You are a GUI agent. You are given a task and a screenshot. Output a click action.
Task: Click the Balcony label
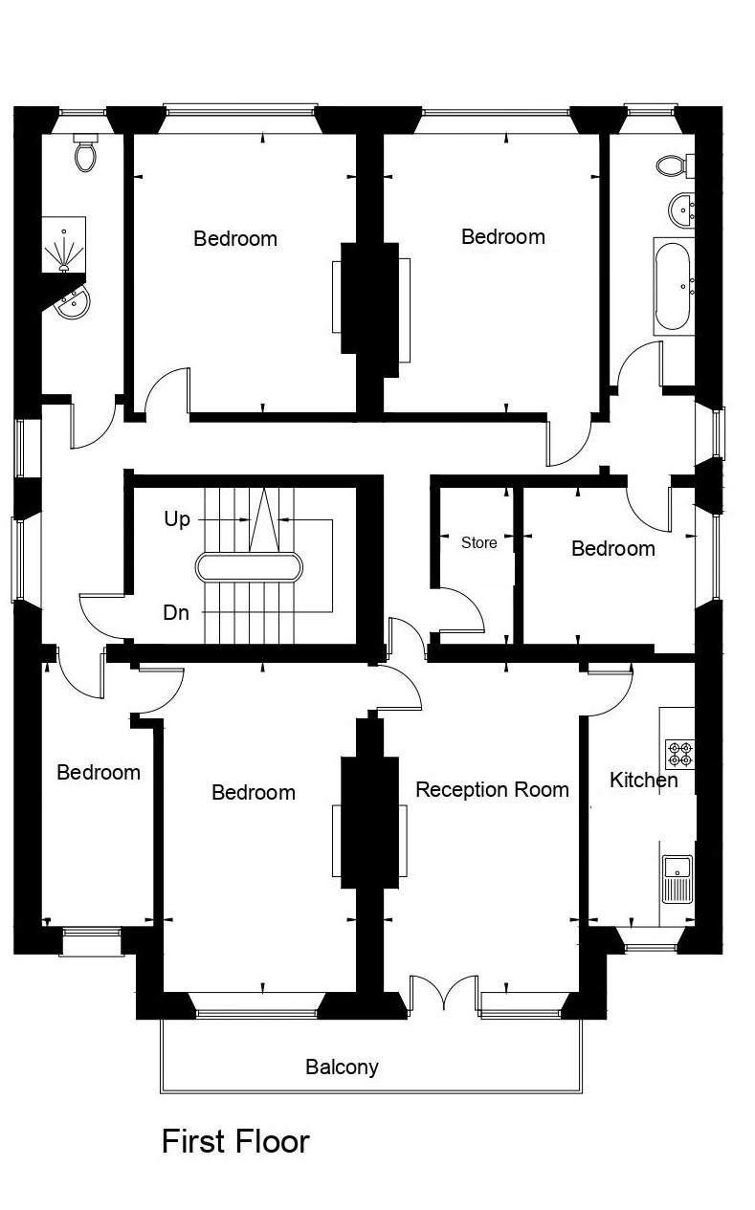342,1067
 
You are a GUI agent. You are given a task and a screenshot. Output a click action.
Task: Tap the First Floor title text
235,1141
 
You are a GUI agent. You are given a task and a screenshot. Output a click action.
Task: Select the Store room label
478,542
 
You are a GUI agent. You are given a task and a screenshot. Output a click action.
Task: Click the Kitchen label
643,780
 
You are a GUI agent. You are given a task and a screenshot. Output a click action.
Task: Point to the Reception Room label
492,789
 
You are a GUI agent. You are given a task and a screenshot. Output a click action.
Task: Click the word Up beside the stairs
177,519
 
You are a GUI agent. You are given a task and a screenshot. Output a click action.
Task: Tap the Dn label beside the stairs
176,613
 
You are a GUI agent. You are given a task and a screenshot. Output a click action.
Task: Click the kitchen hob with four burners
679,752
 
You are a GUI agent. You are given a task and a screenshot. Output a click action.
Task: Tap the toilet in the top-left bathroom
85,153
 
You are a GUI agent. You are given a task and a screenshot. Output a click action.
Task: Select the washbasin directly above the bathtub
682,209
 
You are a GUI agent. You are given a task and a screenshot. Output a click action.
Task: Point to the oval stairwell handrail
249,567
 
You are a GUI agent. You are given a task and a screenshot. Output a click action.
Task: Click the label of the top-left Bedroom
235,238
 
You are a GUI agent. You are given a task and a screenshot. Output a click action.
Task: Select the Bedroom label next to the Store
612,548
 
